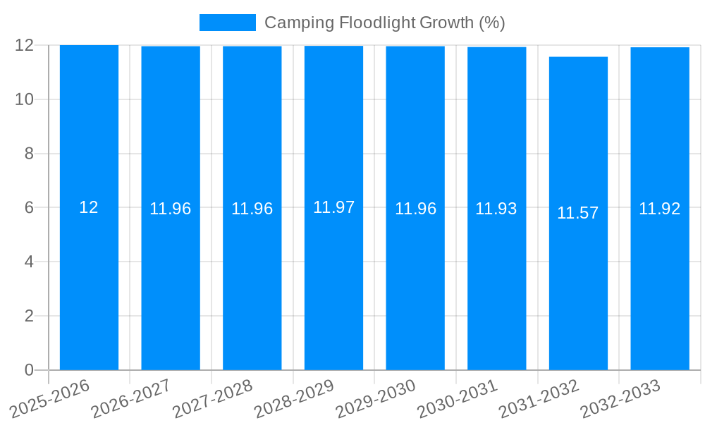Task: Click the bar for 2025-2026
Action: pos(89,282)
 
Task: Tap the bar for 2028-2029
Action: pos(333,282)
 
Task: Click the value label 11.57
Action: pos(577,213)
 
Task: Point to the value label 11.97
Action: pos(333,207)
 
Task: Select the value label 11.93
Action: pos(496,209)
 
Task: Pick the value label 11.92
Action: pos(659,209)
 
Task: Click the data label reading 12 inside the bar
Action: pos(89,207)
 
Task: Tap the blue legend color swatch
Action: pos(227,23)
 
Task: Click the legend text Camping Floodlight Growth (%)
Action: pos(384,23)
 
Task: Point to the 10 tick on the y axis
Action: pos(25,99)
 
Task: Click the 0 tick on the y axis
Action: pos(29,370)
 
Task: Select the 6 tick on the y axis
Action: pos(29,208)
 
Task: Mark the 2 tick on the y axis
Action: pos(29,316)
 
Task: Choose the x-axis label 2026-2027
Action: pos(131,398)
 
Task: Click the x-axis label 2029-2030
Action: pos(376,398)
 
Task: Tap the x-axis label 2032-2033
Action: pos(620,398)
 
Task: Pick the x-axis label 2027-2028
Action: pos(213,398)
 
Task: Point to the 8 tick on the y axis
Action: pos(29,154)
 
